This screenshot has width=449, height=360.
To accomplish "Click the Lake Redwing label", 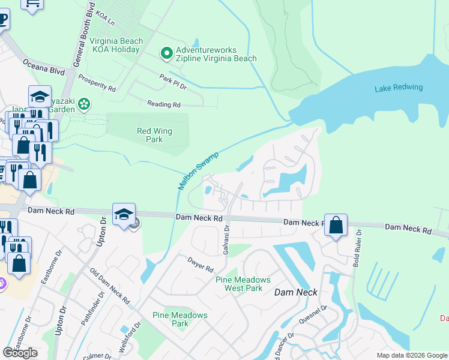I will click(399, 88).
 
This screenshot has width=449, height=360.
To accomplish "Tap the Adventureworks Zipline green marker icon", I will click(167, 54).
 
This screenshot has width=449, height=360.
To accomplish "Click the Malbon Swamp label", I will click(199, 171).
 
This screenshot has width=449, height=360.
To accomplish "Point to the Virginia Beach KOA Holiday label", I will click(116, 46).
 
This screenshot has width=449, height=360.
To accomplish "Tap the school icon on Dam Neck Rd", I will click(123, 215).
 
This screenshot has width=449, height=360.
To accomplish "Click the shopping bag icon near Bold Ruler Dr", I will click(337, 226).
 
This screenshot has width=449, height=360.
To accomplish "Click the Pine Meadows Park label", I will click(179, 319).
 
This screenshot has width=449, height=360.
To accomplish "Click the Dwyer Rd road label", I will click(200, 264).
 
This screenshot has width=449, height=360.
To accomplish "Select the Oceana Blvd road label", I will click(43, 66).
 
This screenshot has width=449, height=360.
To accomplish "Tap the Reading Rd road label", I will click(164, 104).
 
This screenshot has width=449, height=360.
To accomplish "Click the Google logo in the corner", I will click(20, 353).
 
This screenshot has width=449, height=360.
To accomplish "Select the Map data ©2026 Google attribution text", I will click(411, 355).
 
